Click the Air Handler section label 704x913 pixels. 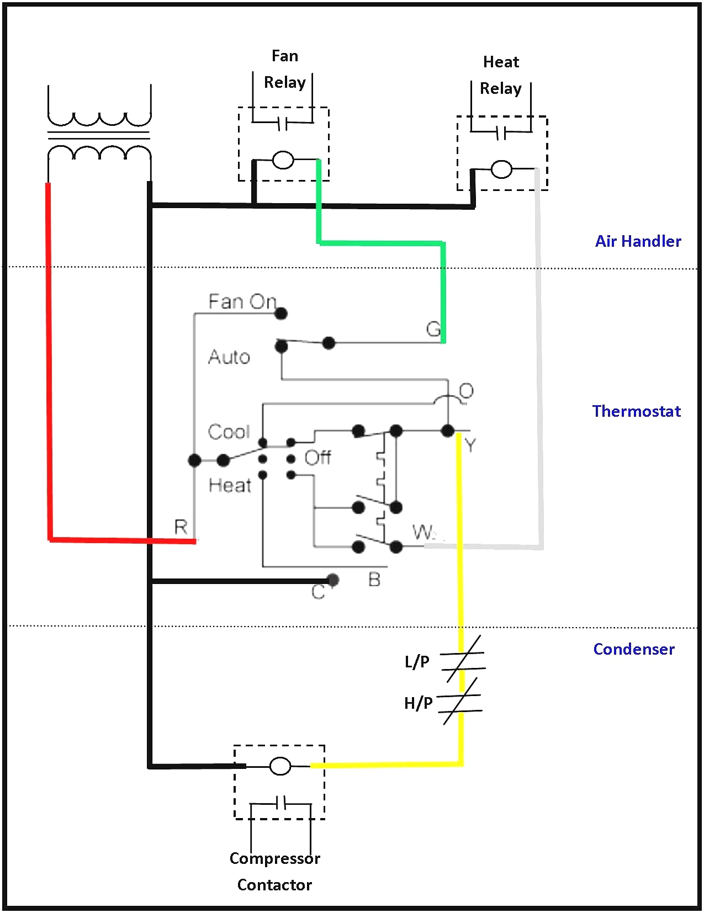(638, 241)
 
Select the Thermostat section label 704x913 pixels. (636, 411)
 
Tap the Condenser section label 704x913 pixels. (634, 649)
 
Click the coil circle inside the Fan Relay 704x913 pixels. (283, 160)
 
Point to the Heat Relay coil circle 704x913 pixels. (501, 169)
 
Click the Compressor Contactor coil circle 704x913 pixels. (280, 766)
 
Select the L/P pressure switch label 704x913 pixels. (417, 661)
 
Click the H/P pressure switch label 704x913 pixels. (418, 703)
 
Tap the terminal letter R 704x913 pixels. (181, 527)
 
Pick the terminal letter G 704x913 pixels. (433, 329)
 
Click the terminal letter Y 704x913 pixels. (470, 445)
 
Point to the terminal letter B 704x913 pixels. (374, 580)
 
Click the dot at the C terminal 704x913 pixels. (333, 580)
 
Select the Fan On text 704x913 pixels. (242, 301)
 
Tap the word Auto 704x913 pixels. (229, 357)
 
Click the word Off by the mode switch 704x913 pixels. (317, 458)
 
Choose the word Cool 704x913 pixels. (229, 432)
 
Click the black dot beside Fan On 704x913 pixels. (281, 314)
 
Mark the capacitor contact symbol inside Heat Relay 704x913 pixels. (501, 132)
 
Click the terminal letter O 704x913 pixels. (466, 391)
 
